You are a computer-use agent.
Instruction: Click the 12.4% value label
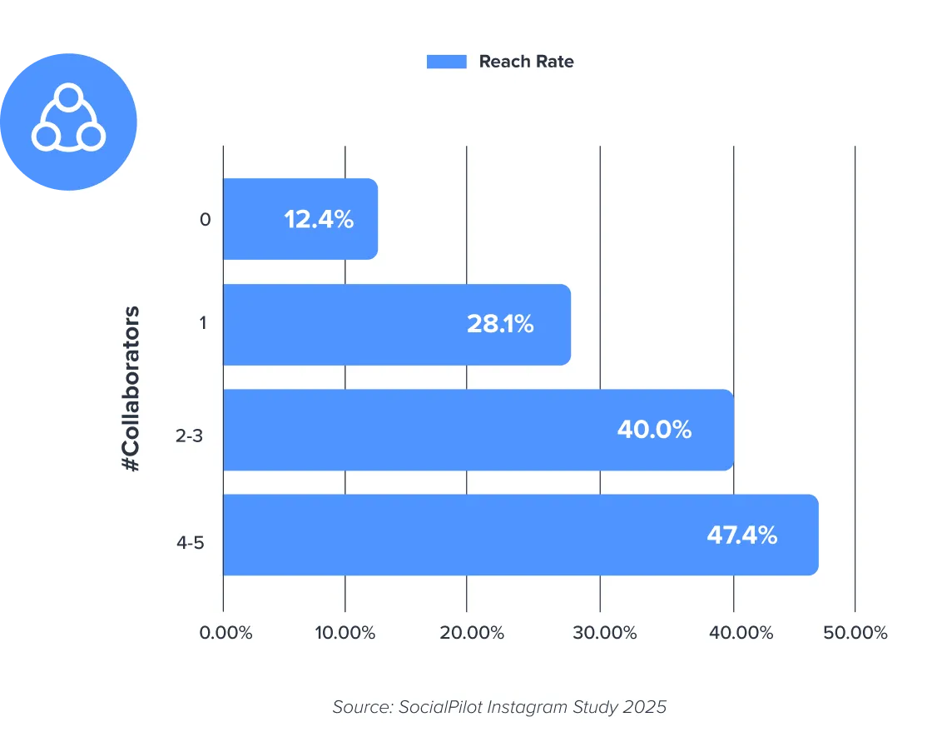319,220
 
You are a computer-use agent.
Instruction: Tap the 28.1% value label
500,324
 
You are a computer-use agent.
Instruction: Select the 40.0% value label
654,430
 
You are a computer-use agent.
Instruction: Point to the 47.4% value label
742,535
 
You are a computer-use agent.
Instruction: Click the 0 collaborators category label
205,220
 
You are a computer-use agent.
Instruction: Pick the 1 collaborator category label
203,324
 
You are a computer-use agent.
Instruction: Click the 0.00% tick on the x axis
225,633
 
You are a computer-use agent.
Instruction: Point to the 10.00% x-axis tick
345,633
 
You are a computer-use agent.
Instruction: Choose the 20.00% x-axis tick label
473,633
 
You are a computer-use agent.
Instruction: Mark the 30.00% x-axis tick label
605,633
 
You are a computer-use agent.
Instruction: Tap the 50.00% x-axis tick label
855,633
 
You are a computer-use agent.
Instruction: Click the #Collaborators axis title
131,390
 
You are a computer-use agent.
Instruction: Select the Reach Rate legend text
526,62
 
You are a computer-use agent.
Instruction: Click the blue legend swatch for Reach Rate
446,62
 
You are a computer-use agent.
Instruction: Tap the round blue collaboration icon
68,122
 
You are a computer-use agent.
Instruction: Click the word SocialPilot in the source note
443,707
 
